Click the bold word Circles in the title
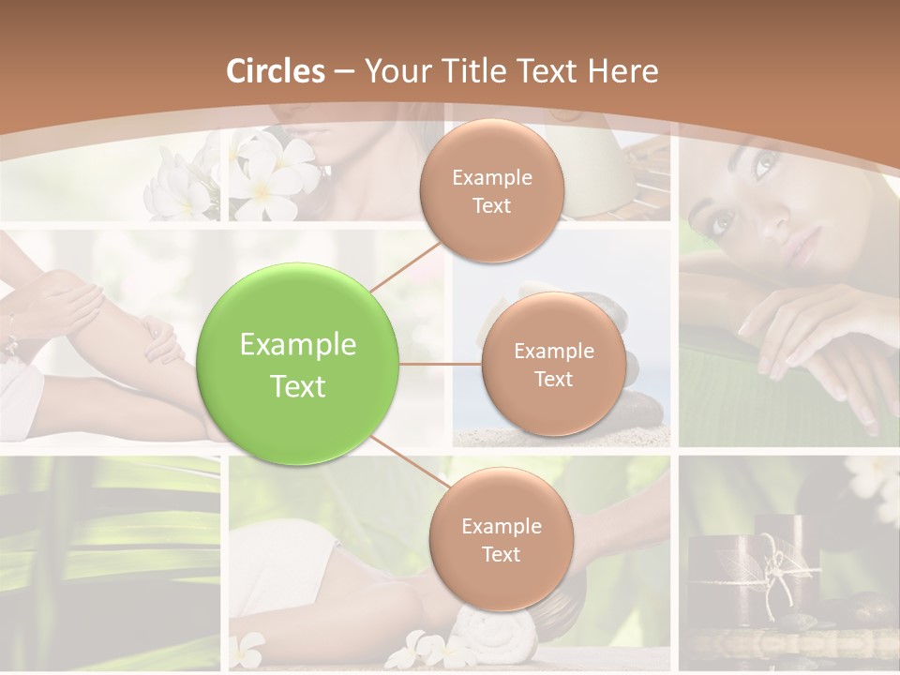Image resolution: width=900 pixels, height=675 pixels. (276, 71)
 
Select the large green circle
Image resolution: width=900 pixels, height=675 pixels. (298, 365)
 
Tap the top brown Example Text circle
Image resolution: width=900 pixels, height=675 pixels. (491, 191)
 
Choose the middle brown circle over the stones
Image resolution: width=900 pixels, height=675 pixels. (553, 365)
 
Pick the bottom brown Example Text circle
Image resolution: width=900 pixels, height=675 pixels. (501, 540)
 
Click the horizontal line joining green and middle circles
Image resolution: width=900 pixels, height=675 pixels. (441, 364)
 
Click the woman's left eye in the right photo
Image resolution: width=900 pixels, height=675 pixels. (763, 168)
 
